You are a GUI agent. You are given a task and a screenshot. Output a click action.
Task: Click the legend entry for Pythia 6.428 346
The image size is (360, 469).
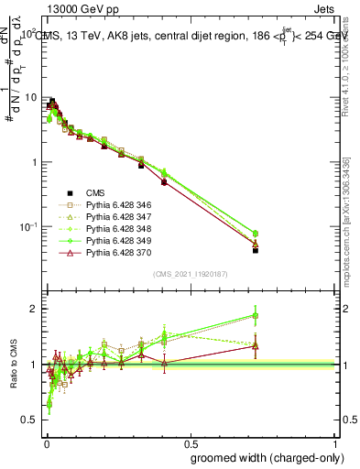click(x=116, y=206)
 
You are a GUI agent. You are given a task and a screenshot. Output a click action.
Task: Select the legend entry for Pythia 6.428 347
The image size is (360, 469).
click(x=116, y=219)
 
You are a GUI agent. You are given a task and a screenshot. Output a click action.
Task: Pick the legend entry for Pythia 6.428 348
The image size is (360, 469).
click(x=116, y=232)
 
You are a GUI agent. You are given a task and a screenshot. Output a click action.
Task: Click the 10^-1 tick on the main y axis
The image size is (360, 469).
click(x=27, y=226)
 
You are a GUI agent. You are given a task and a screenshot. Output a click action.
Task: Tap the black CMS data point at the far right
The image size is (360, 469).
click(x=256, y=250)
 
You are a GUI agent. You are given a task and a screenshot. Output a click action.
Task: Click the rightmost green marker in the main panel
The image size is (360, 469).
click(x=256, y=234)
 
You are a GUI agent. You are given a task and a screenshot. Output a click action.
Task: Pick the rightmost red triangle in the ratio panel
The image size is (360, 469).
click(x=256, y=345)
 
